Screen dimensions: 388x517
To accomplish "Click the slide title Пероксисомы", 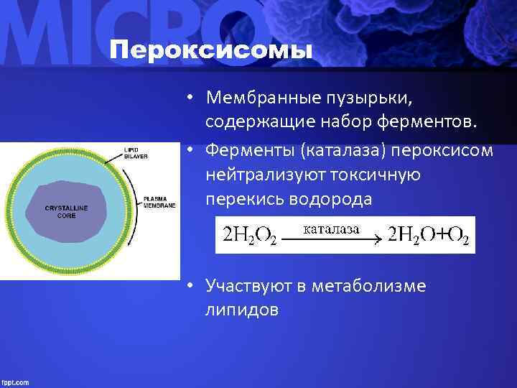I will pos(212,51).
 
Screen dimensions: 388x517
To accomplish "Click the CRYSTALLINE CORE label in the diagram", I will pos(66,211).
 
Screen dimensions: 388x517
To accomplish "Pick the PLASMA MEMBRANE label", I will pos(159,202).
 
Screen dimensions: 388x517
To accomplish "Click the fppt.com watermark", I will pos(16,382).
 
